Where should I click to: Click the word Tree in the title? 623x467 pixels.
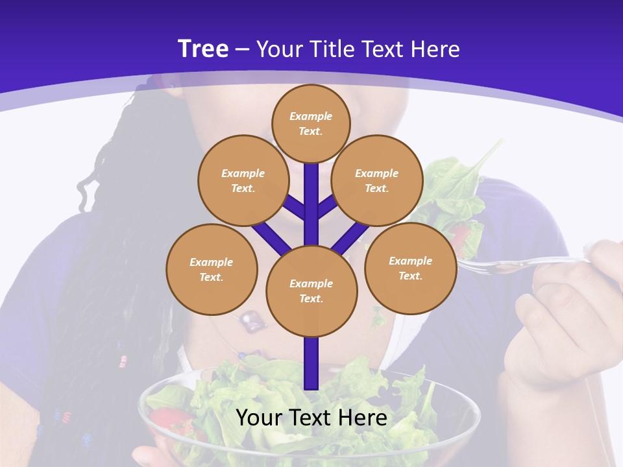tap(203, 49)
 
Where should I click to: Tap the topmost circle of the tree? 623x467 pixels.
tap(311, 123)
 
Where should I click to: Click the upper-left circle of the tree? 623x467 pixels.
tap(243, 180)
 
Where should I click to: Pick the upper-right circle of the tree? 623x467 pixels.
tap(377, 180)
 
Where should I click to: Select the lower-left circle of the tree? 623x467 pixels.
tap(212, 269)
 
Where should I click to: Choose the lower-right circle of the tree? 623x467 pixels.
tap(410, 268)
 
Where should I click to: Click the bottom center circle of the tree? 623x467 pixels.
tap(311, 291)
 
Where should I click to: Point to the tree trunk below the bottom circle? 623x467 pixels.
tap(311, 363)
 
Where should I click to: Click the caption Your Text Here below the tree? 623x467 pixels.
tap(311, 417)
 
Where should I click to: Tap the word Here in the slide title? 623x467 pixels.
tap(435, 49)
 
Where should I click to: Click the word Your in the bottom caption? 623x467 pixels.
tap(258, 417)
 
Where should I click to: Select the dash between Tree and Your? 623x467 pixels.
tap(243, 49)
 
